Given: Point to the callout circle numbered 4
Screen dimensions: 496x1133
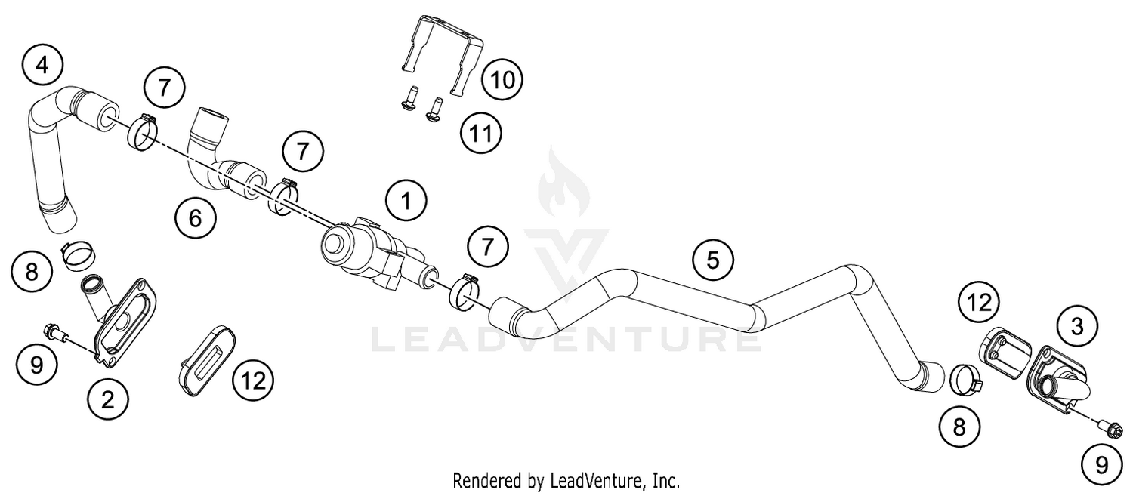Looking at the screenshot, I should coord(42,65).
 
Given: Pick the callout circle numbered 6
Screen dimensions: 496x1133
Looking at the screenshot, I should coord(195,219).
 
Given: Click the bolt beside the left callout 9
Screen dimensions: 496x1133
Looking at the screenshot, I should coord(57,335).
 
